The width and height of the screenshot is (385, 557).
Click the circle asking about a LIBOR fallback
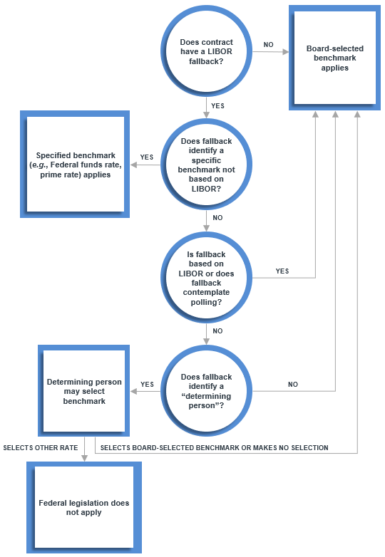(207, 52)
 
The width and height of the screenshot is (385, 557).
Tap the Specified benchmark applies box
(73, 165)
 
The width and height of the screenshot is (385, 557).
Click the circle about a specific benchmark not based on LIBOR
(207, 165)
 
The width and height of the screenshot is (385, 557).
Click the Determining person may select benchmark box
(84, 392)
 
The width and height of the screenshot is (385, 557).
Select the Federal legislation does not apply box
(84, 507)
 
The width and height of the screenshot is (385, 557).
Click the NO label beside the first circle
(268, 45)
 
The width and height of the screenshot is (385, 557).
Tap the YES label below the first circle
(218, 105)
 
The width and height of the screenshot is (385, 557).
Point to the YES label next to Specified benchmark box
(147, 157)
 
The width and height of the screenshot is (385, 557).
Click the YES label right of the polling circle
(282, 271)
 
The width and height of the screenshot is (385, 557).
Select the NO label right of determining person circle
(292, 385)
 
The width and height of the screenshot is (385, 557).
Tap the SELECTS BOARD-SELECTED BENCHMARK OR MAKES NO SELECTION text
(214, 448)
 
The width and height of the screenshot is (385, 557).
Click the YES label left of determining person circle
(147, 385)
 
